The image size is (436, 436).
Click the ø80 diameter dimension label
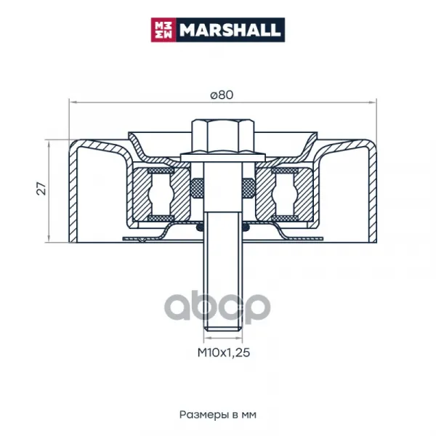pos(222,95)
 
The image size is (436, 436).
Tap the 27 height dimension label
pos(41,188)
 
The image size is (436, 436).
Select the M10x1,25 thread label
pos(224,352)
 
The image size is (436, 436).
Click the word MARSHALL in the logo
pos(230,30)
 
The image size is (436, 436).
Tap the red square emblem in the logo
pos(163,30)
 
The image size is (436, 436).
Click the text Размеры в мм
pos(218,415)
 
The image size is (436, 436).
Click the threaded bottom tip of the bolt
pos(223,329)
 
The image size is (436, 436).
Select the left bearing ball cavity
pos(161,194)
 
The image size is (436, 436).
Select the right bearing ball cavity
pos(285,194)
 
